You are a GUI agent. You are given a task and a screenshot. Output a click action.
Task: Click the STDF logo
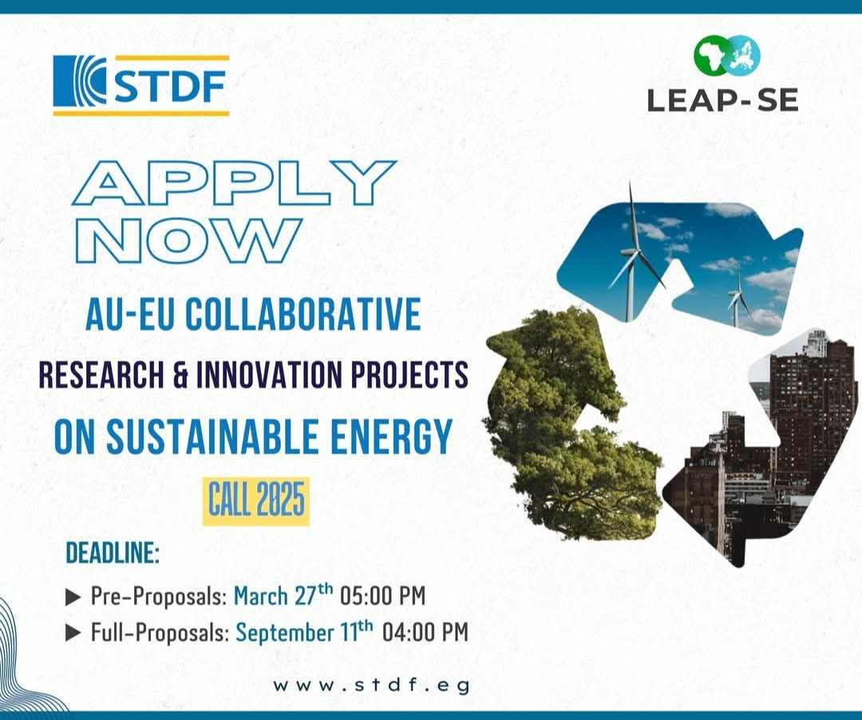point(141,85)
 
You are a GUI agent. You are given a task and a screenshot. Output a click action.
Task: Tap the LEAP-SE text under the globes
point(722,101)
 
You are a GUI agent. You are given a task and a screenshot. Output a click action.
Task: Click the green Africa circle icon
point(710,57)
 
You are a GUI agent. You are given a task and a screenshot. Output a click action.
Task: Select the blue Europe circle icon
point(743,55)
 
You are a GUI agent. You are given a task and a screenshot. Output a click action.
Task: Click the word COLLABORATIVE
point(303,314)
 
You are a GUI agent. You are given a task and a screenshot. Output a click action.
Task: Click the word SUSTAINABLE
point(213,437)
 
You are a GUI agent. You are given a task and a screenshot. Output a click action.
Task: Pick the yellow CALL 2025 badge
point(256,501)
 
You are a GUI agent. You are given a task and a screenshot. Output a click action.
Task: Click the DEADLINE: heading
point(113,553)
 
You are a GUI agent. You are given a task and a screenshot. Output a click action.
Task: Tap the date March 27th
point(283,595)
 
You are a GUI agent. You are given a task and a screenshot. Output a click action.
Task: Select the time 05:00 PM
point(383,595)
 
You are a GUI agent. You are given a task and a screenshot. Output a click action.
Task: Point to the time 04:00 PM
point(425,632)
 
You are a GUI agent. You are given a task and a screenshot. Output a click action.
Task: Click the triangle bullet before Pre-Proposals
point(73,597)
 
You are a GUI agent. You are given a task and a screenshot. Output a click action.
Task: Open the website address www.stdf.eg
point(372,686)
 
